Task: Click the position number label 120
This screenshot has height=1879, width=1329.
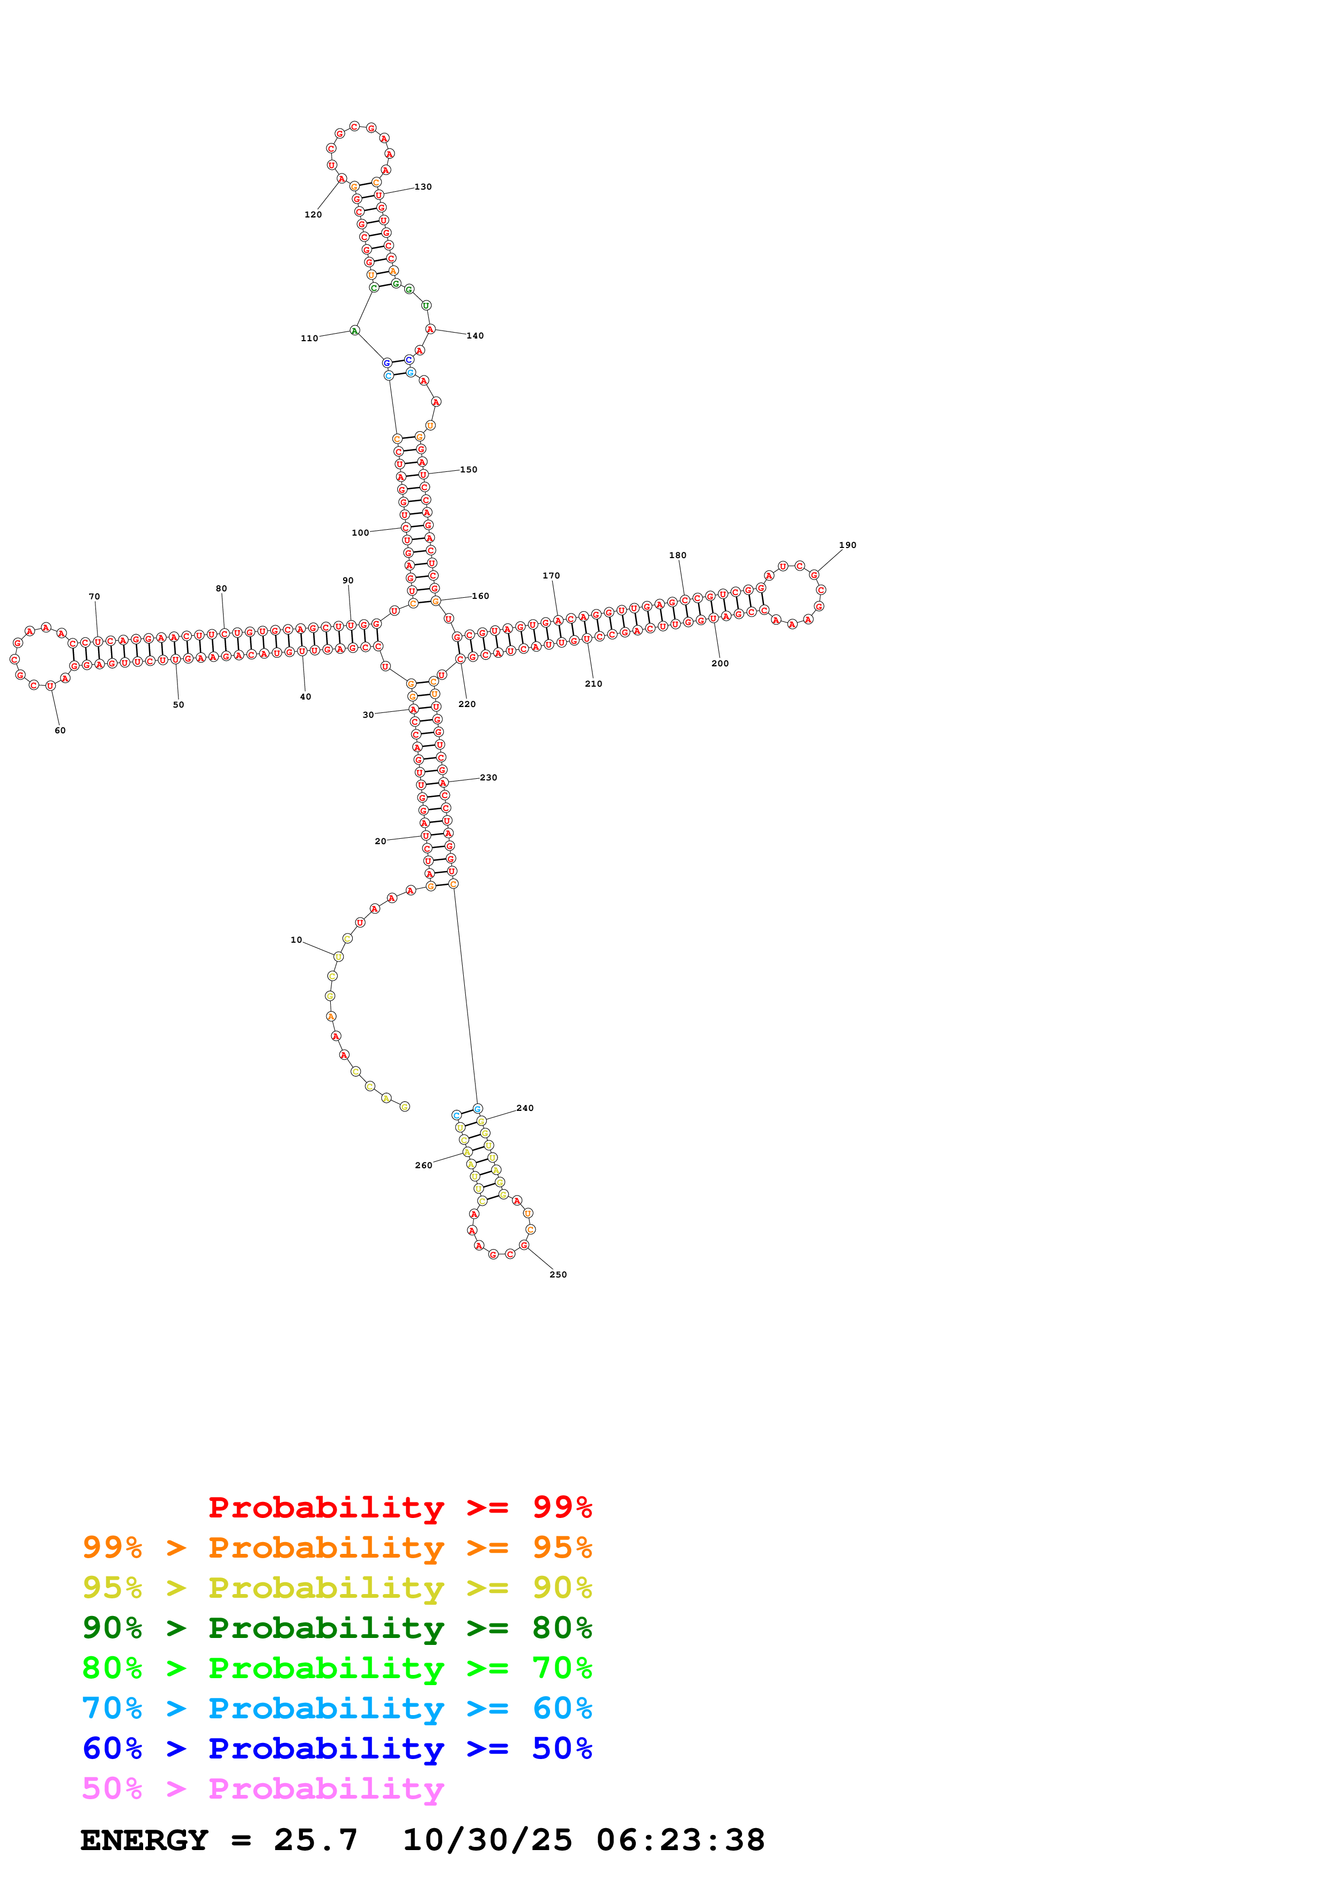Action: [313, 214]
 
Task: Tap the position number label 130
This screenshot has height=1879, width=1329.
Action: [422, 186]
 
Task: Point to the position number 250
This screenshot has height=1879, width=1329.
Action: [558, 1274]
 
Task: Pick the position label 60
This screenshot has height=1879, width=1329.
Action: [60, 730]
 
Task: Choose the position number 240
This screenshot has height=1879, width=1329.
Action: [525, 1108]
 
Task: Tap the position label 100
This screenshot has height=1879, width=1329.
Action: [360, 533]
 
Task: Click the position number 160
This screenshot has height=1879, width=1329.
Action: [481, 596]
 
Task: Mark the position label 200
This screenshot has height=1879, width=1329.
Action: [720, 663]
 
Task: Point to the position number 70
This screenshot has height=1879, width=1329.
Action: [94, 597]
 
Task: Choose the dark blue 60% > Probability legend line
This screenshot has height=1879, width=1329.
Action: [337, 1748]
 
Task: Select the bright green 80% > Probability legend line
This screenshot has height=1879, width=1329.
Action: [337, 1668]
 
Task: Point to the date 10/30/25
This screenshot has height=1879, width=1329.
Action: [487, 1840]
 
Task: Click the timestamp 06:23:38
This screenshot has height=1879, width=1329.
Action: [680, 1840]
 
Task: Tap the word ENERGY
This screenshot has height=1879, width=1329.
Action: [144, 1840]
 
